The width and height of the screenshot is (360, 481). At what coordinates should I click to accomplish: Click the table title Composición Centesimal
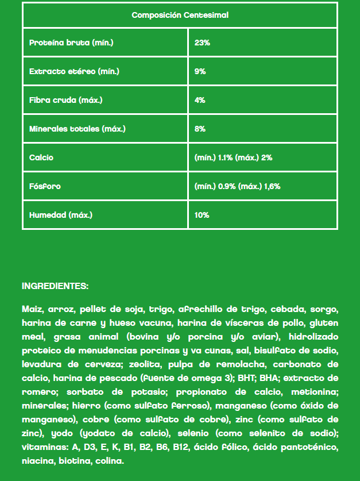click(x=180, y=15)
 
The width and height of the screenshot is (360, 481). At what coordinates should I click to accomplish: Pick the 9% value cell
click(x=200, y=72)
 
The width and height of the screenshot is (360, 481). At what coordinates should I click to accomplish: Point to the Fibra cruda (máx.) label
click(x=65, y=100)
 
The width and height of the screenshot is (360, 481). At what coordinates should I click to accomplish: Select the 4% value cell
click(x=200, y=100)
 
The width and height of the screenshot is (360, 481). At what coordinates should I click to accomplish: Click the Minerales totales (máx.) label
click(x=77, y=129)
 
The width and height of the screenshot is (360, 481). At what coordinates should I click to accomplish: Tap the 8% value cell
click(x=200, y=129)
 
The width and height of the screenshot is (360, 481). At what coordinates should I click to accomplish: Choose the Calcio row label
click(x=41, y=157)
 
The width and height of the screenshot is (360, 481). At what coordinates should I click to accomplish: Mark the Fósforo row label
click(x=45, y=186)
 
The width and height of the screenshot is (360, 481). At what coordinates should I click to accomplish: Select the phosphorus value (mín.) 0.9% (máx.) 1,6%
click(x=237, y=186)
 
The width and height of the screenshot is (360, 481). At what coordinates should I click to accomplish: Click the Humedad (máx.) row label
click(x=60, y=215)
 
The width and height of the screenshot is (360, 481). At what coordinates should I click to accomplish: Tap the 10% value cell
click(x=202, y=215)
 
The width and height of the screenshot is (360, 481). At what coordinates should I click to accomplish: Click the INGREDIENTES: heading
click(x=55, y=286)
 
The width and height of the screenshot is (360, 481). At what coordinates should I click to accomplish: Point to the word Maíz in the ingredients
click(x=32, y=309)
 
